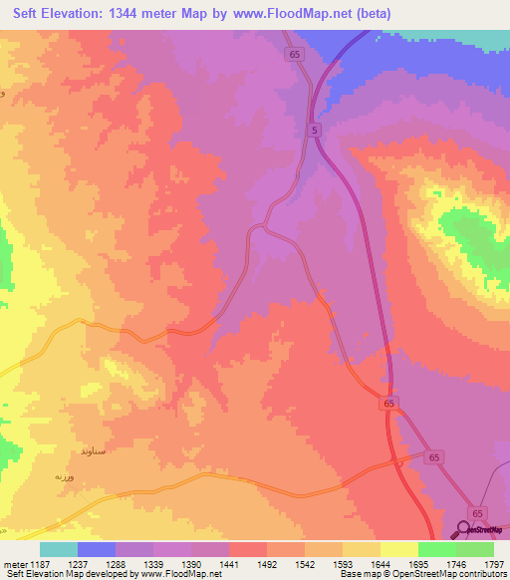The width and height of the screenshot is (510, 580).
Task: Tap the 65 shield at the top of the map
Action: [x=292, y=55]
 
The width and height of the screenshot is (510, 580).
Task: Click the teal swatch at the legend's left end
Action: [x=58, y=549]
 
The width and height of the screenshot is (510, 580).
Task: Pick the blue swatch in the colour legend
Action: [x=97, y=549]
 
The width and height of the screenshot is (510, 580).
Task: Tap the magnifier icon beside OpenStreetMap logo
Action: [x=463, y=529]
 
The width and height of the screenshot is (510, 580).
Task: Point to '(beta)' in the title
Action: [x=373, y=14]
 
